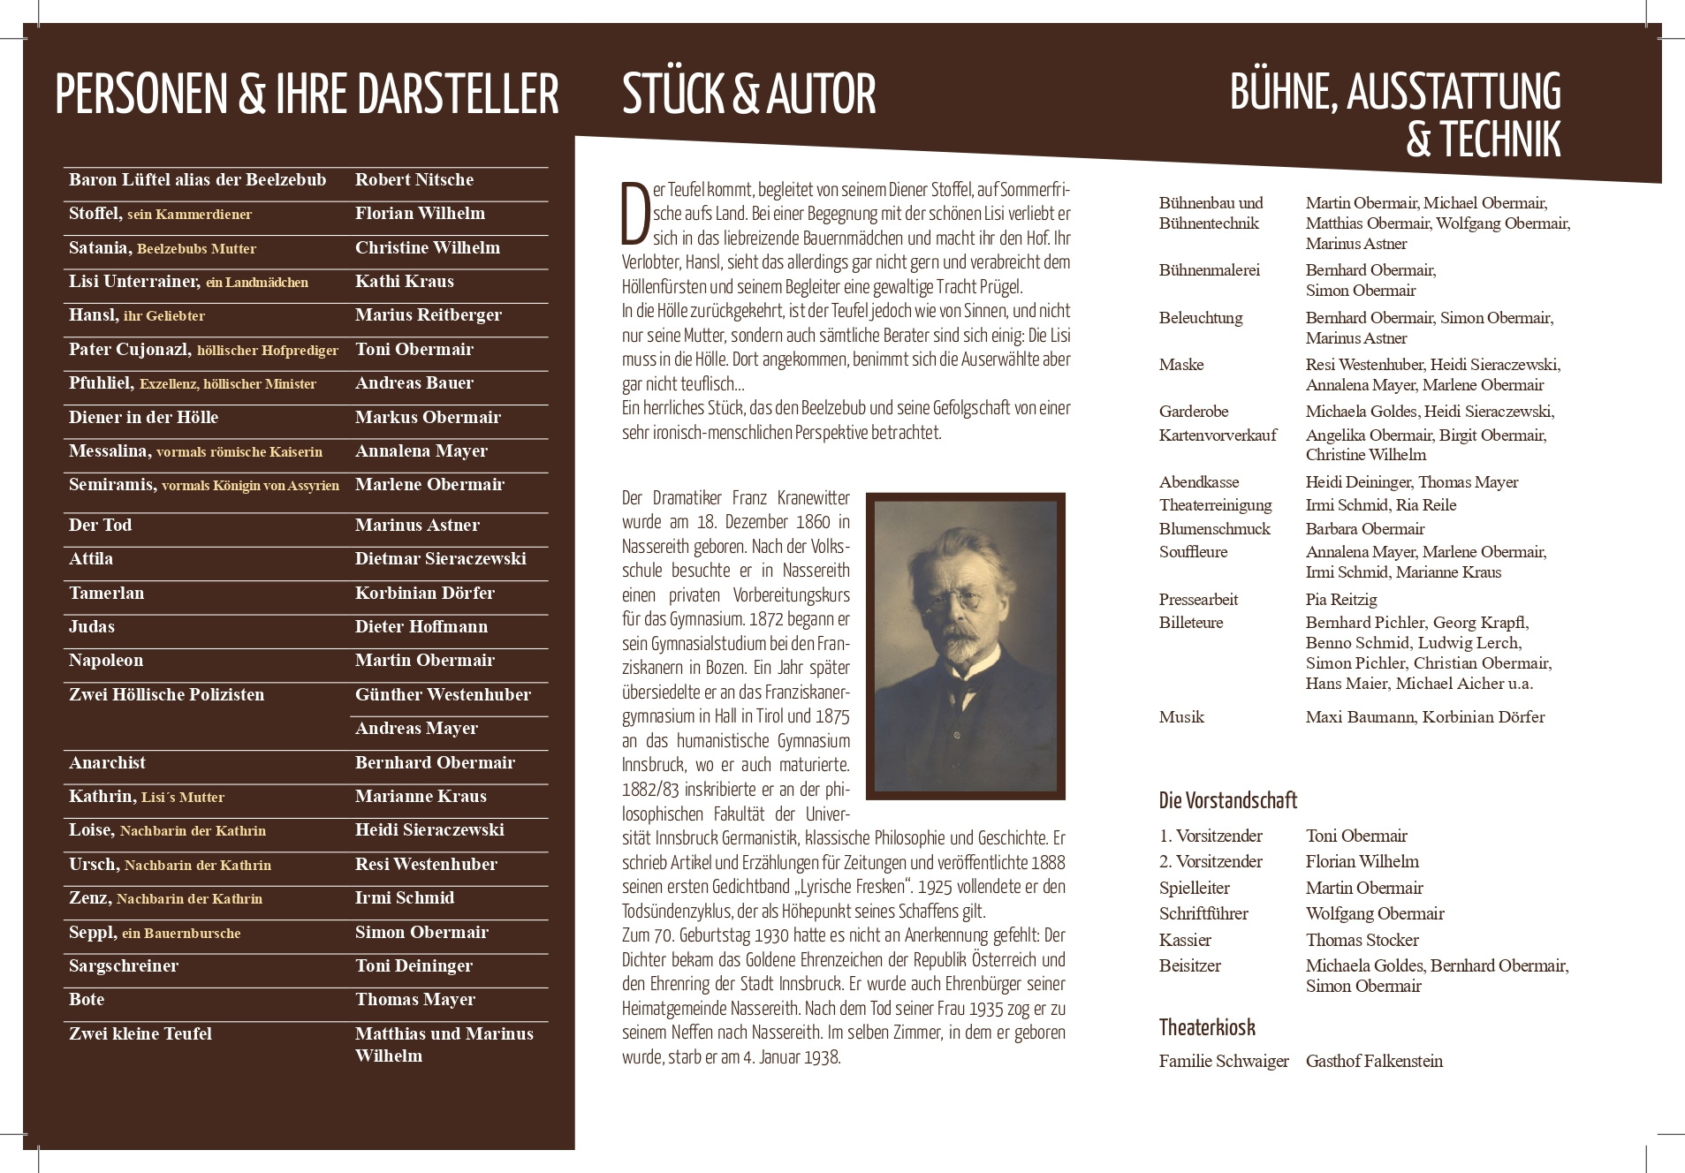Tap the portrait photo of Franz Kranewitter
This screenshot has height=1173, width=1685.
965,646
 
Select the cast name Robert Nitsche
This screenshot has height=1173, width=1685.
414,180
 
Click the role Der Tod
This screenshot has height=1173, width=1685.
101,526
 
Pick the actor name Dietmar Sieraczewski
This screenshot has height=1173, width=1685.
440,559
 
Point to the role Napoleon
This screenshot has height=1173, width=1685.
106,661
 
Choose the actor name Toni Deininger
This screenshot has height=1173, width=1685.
414,966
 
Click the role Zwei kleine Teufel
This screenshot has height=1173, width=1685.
140,1034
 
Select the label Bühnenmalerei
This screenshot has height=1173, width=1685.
1209,270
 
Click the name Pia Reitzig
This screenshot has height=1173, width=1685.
1341,600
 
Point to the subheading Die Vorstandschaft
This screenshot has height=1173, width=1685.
1227,800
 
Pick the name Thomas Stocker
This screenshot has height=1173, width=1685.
1362,940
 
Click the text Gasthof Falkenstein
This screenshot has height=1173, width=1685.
1374,1062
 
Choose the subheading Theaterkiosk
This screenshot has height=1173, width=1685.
1206,1027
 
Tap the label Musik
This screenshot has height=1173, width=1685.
1181,717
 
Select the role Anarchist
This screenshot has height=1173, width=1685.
107,763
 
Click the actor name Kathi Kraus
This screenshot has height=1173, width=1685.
404,282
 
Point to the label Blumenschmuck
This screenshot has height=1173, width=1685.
1214,529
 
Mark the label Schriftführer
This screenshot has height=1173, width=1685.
1203,914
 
